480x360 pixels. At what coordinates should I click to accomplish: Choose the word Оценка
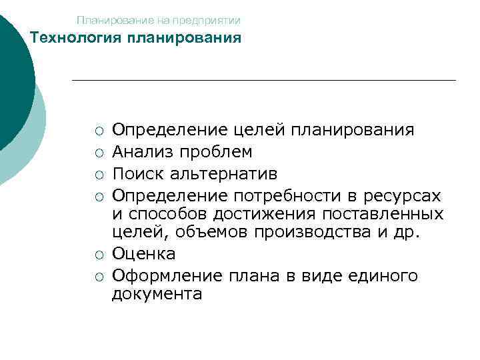click(x=144, y=253)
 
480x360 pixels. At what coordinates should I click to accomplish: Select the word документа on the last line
click(x=156, y=293)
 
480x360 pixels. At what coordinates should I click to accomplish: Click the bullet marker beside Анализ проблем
click(x=99, y=153)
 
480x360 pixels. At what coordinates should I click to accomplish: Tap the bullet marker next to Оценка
click(x=99, y=254)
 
